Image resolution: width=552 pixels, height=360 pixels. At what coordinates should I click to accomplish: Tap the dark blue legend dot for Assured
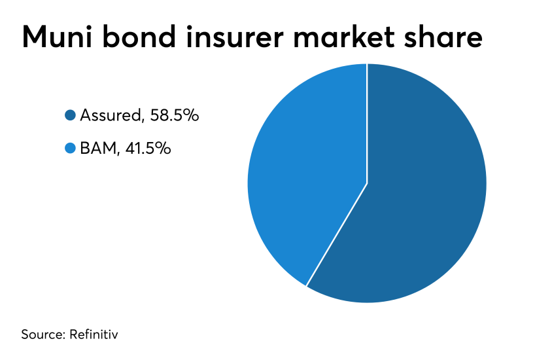tap(71, 115)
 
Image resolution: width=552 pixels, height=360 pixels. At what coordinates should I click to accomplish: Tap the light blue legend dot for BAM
tap(71, 148)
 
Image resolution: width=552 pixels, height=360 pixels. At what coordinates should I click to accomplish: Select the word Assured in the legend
tap(111, 115)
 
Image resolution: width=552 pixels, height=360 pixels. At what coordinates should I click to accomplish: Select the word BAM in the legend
tap(98, 149)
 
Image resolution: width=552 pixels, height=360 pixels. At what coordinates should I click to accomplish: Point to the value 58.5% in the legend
tap(175, 115)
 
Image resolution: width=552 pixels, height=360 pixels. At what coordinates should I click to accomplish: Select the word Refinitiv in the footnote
tap(94, 334)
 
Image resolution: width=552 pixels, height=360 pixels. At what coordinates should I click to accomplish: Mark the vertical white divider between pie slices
tap(367, 124)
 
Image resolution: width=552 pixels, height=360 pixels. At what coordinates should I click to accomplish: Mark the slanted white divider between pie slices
tap(337, 234)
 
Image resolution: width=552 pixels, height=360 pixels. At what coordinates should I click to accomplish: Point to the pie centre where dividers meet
tap(367, 183)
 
